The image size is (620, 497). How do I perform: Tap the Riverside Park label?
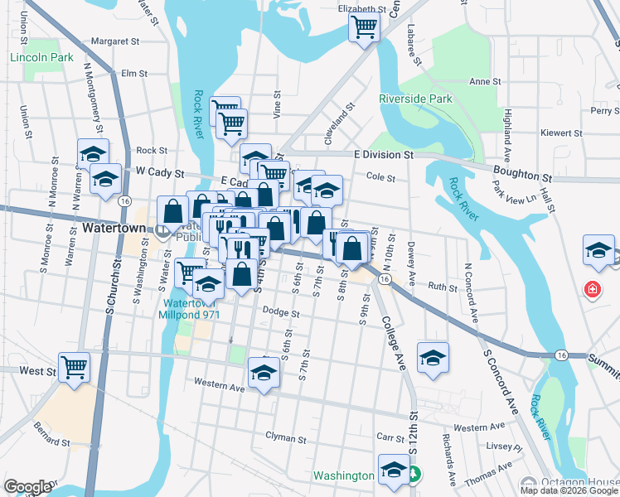(415, 99)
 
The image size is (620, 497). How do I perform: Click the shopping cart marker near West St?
(75, 365)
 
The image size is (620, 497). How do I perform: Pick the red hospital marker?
(592, 290)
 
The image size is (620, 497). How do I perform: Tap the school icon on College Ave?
(433, 358)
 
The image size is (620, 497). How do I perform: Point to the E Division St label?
(383, 155)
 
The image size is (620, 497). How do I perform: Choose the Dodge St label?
(280, 312)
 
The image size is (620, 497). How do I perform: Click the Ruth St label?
(443, 287)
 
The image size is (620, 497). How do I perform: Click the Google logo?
(27, 487)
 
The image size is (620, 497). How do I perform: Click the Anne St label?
(481, 81)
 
